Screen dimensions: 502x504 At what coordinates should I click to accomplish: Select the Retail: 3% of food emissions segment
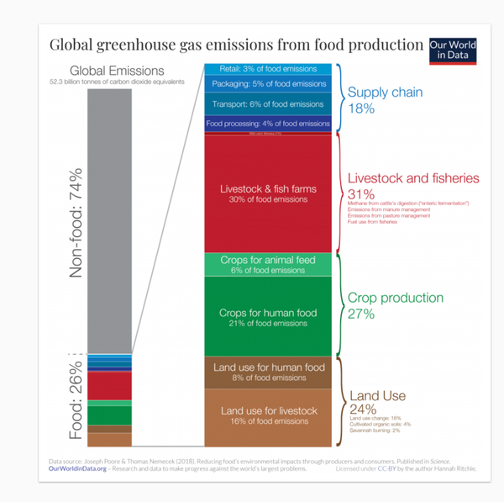(x=268, y=68)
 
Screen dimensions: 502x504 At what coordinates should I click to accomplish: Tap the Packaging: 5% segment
(x=268, y=84)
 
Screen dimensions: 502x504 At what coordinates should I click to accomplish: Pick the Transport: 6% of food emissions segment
(x=268, y=104)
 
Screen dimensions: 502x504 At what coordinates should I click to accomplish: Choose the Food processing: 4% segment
(x=268, y=123)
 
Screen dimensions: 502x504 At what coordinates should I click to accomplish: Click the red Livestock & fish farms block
(x=268, y=193)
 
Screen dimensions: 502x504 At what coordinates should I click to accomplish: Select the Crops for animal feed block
(x=268, y=265)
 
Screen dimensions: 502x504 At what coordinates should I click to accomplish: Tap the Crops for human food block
(x=268, y=317)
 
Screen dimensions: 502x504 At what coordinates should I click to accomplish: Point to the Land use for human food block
(x=268, y=373)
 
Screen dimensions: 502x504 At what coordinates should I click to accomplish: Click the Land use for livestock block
(x=268, y=415)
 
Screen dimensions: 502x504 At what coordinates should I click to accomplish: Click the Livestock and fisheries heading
(x=412, y=178)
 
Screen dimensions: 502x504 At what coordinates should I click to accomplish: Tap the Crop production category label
(x=395, y=298)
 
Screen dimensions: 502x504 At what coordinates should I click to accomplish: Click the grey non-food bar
(x=109, y=219)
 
